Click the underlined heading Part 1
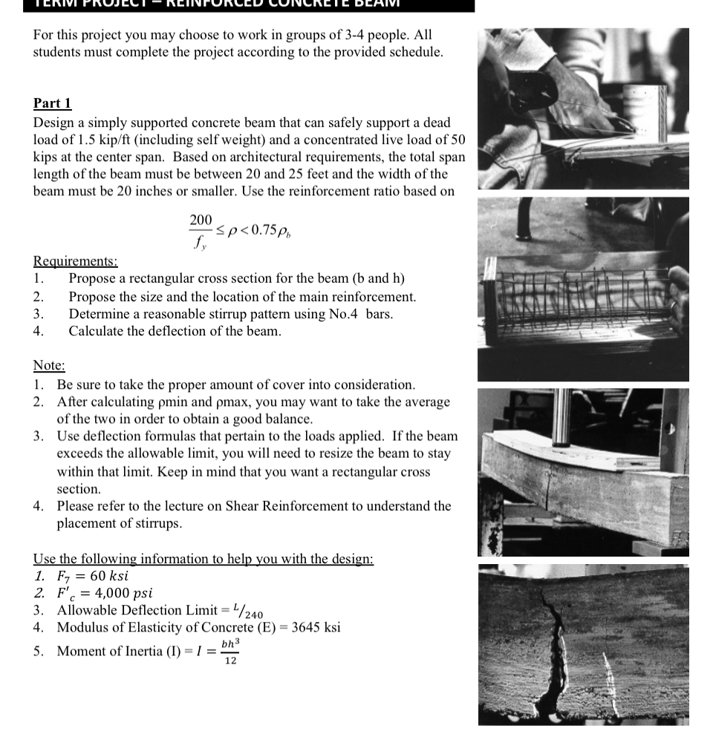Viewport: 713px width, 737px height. [52, 103]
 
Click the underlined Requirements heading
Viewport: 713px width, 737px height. [75, 261]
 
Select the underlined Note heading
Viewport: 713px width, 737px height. [49, 365]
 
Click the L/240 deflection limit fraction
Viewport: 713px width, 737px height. [248, 611]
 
